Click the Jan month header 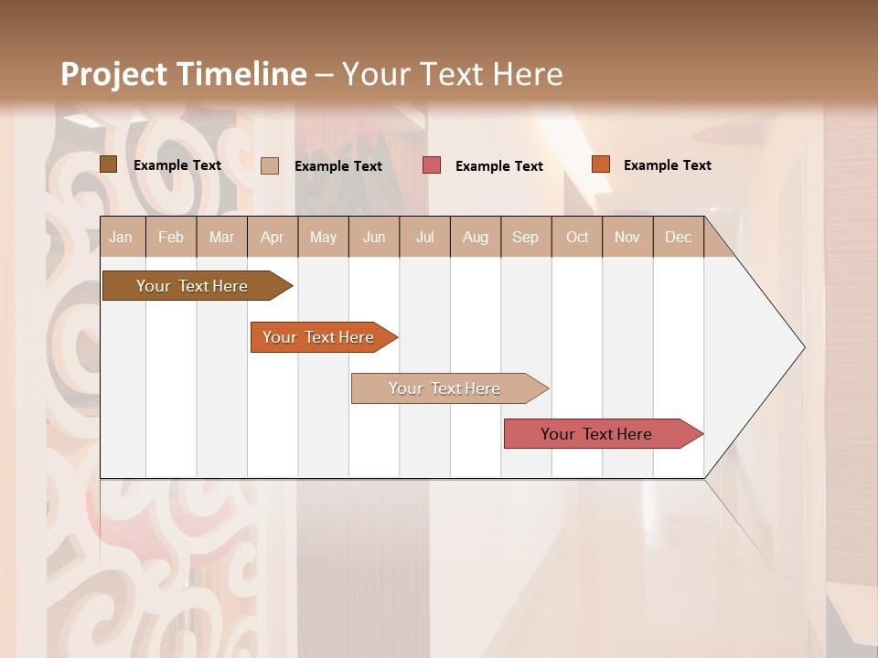[x=121, y=237]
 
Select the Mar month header [x=221, y=237]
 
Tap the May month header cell [x=323, y=237]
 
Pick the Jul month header [x=424, y=237]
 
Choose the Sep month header [x=525, y=237]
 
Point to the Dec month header [x=678, y=237]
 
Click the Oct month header [x=576, y=237]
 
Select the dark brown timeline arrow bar [x=192, y=286]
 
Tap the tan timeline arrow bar [x=445, y=388]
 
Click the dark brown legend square [x=108, y=164]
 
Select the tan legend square [x=270, y=165]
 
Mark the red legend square [x=432, y=165]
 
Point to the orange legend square [x=600, y=164]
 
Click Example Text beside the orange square [x=667, y=164]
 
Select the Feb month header [x=171, y=237]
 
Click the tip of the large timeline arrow [x=803, y=347]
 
